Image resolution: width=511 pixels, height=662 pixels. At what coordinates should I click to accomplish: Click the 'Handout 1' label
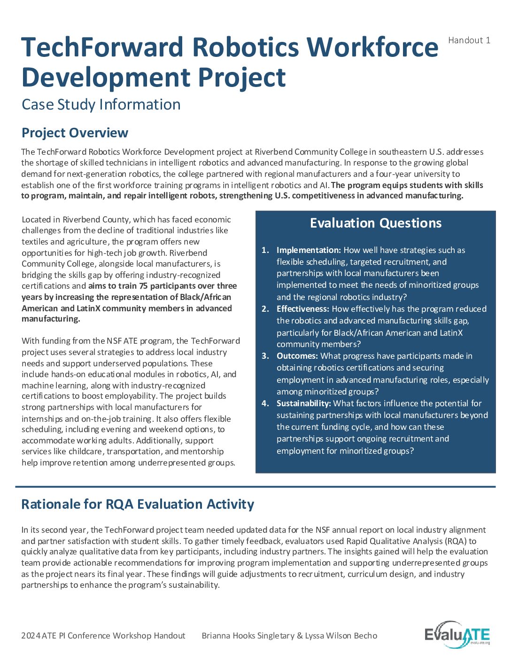pyautogui.click(x=469, y=40)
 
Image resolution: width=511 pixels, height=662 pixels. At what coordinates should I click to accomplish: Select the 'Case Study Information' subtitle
pyautogui.click(x=101, y=104)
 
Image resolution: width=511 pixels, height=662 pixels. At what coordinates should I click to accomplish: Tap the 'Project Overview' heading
pyautogui.click(x=75, y=133)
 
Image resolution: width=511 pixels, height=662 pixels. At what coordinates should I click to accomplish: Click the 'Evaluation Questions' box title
pyautogui.click(x=376, y=223)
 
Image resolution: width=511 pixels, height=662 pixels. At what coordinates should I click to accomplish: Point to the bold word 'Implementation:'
pyautogui.click(x=309, y=250)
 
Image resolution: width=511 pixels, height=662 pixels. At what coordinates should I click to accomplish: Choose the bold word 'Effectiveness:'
pyautogui.click(x=303, y=309)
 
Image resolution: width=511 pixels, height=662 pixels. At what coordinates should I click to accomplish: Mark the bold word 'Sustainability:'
pyautogui.click(x=304, y=403)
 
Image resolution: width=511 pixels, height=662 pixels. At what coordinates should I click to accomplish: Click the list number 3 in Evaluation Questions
pyautogui.click(x=265, y=356)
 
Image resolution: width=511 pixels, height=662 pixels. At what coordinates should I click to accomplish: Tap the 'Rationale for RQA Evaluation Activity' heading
pyautogui.click(x=138, y=504)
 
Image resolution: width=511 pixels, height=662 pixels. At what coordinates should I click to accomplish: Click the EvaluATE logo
pyautogui.click(x=457, y=635)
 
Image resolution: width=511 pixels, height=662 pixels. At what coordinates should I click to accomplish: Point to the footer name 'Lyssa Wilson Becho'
pyautogui.click(x=341, y=636)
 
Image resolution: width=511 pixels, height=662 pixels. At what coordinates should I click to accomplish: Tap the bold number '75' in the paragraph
pyautogui.click(x=143, y=286)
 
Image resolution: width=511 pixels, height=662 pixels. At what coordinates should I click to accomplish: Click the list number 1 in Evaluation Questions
pyautogui.click(x=265, y=250)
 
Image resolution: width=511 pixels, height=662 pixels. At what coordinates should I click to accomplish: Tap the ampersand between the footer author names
pyautogui.click(x=300, y=636)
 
